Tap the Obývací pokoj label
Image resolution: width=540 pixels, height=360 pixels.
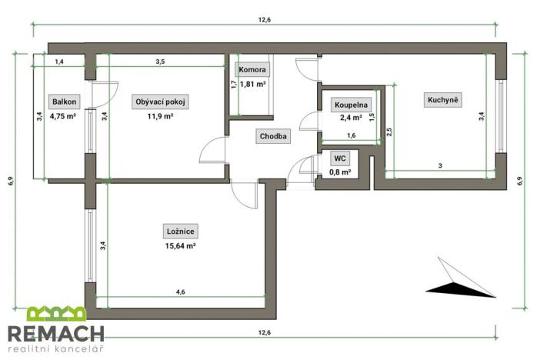[161, 102]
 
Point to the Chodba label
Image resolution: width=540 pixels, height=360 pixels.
[273, 137]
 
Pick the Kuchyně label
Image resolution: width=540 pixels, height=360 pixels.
[444, 99]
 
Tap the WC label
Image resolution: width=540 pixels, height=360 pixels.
[340, 158]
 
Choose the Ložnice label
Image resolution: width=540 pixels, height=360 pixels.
[182, 232]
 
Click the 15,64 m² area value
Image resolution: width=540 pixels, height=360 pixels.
[182, 246]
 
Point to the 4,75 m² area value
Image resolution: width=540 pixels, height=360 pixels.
[63, 117]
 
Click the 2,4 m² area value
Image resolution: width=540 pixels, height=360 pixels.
[351, 118]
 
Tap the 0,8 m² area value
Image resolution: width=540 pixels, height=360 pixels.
[340, 172]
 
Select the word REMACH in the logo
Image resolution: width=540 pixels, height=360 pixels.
[55, 334]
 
